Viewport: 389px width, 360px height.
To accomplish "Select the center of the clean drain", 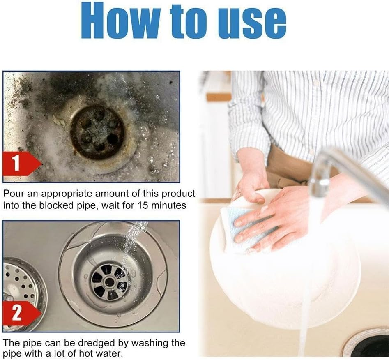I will coord(110,282).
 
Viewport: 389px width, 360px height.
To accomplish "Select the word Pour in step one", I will coord(12,194).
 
